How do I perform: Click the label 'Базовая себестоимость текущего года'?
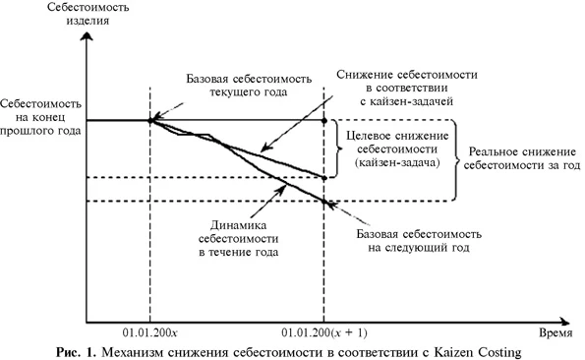(240, 85)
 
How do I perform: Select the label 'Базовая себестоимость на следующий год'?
(418, 242)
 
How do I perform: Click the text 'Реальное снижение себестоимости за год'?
(520, 159)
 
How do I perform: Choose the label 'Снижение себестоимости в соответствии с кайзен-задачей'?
(393, 87)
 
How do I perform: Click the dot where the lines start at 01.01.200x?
(150, 121)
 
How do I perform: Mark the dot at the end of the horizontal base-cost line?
(325, 121)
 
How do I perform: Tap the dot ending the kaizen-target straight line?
(325, 177)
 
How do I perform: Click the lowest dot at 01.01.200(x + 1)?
(325, 202)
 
